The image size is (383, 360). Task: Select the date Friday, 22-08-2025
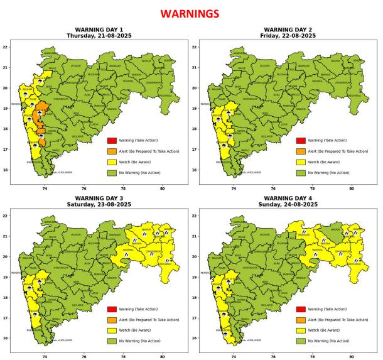tap(288, 36)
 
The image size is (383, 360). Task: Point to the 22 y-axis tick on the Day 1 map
tap(4, 47)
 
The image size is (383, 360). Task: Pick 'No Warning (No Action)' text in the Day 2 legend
tap(330, 172)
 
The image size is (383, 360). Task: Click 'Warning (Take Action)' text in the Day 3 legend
tap(138, 309)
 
